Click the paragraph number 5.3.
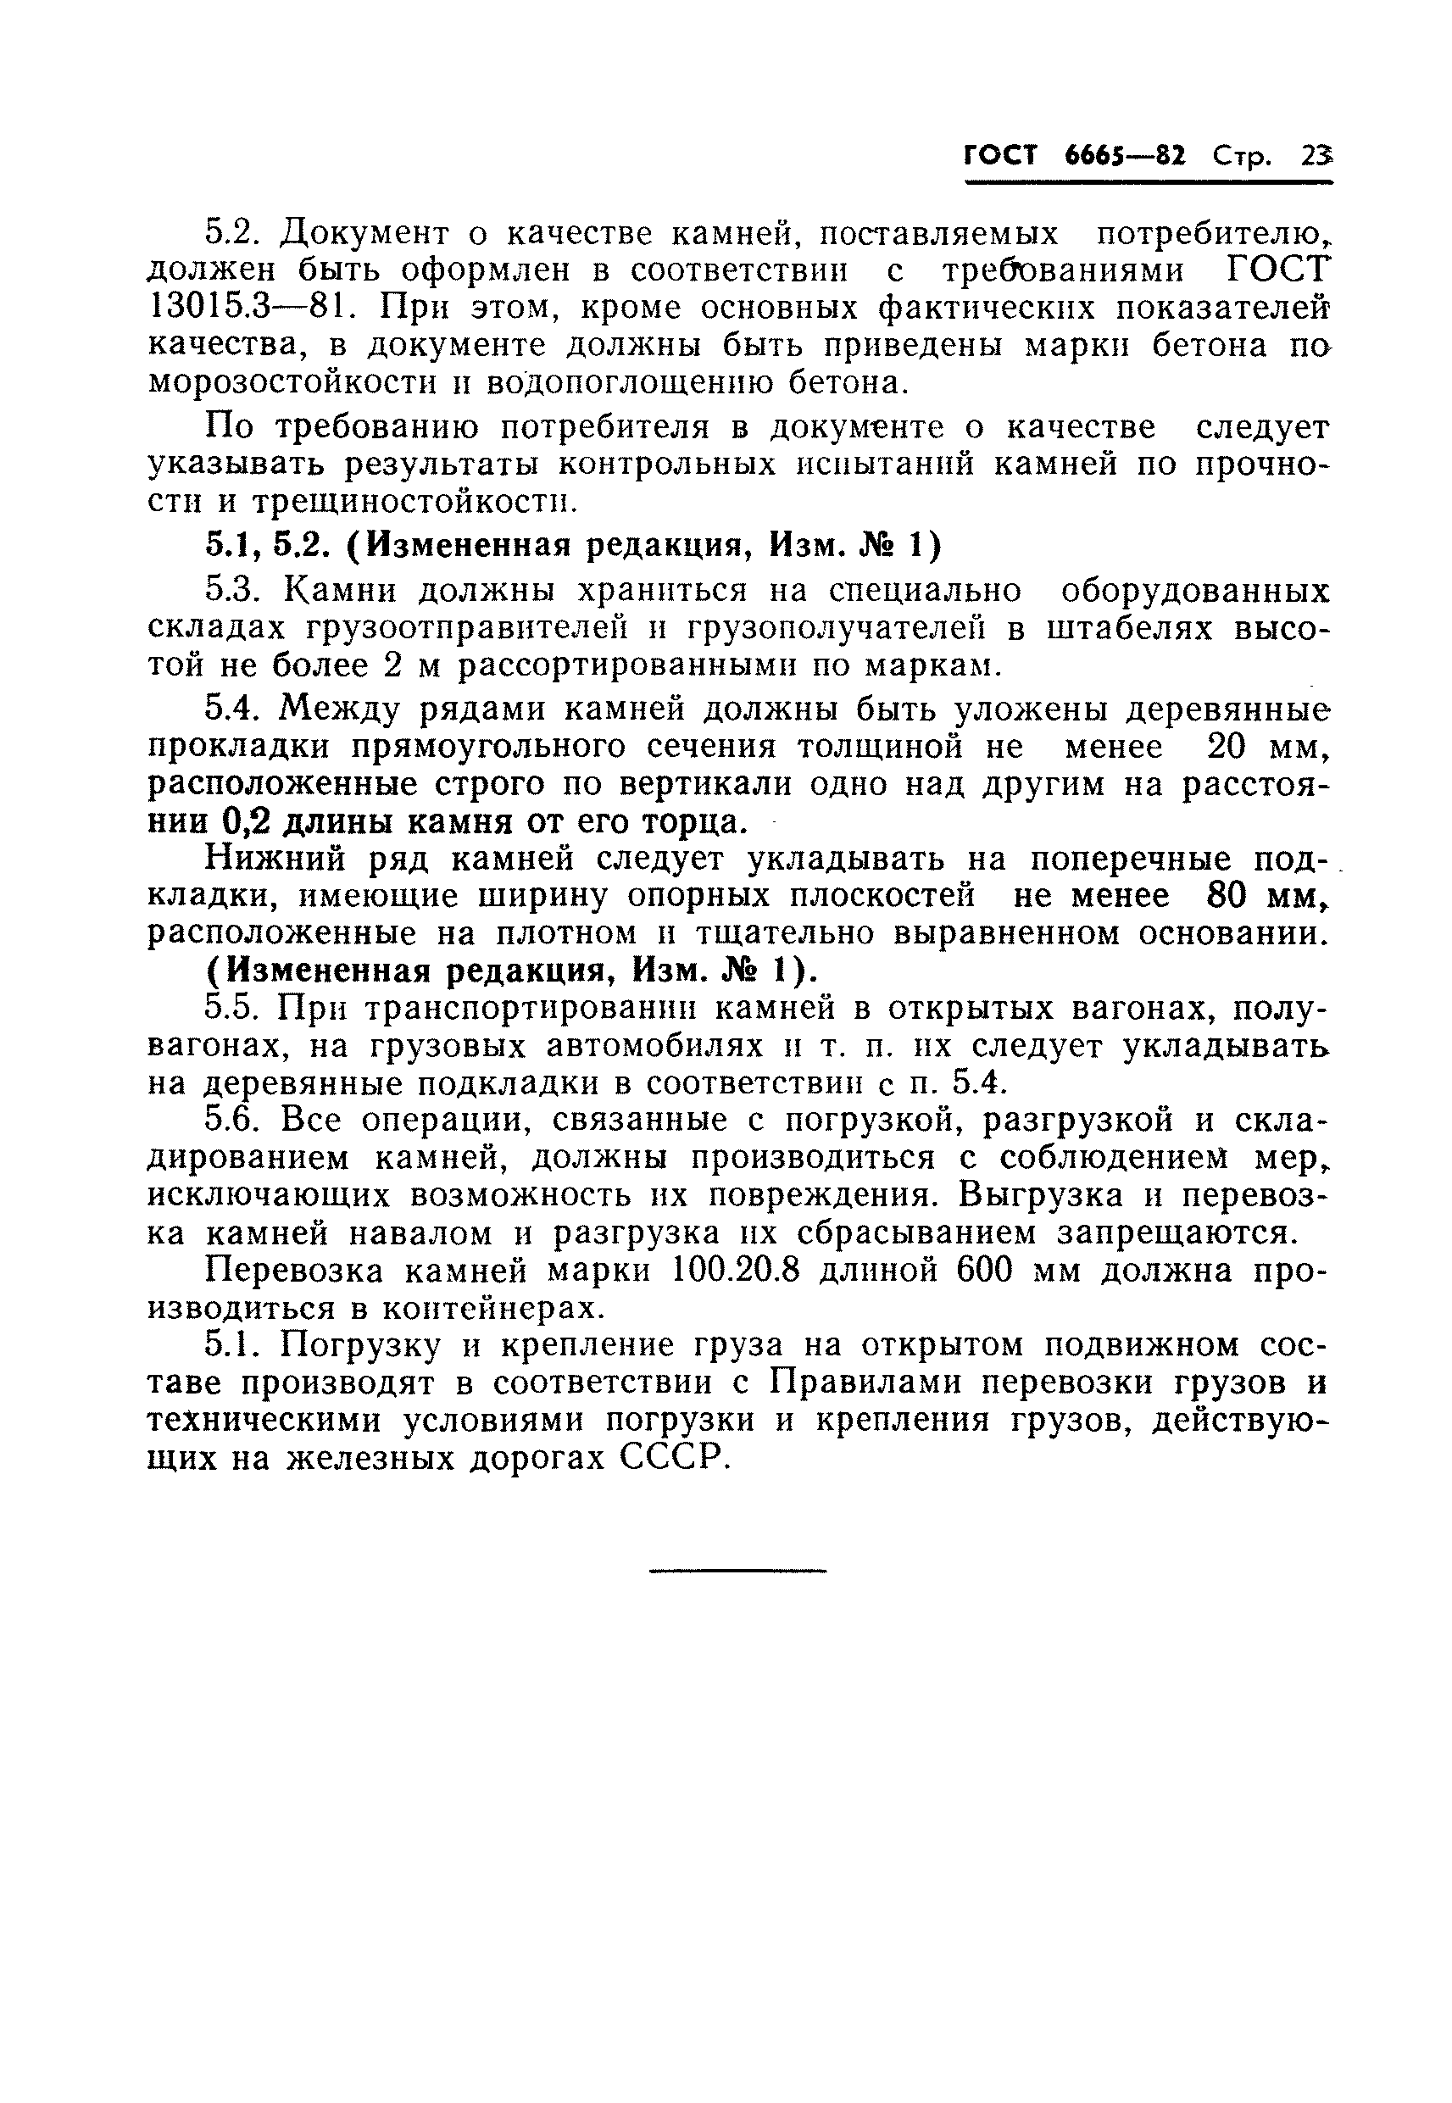tap(235, 592)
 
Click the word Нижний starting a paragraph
tap(272, 859)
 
